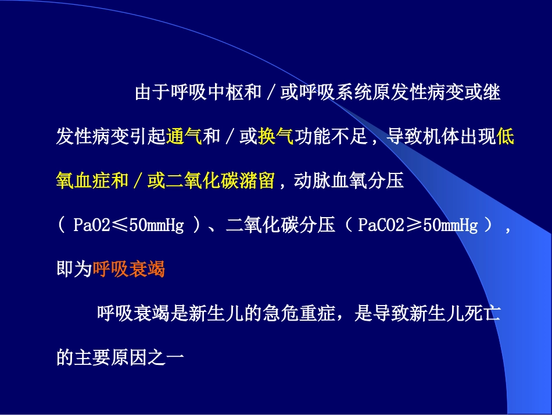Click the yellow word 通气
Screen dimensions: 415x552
pyautogui.click(x=184, y=137)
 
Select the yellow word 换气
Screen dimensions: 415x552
pyautogui.click(x=275, y=137)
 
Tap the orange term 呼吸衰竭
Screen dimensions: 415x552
pyautogui.click(x=129, y=269)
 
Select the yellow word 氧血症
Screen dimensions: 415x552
pyautogui.click(x=83, y=182)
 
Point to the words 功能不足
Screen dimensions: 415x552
pyautogui.click(x=330, y=137)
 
